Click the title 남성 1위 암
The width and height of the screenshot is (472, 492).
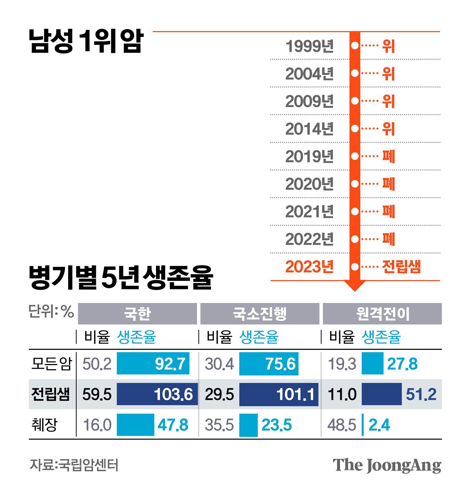point(86,41)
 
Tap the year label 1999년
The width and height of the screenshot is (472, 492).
point(309,46)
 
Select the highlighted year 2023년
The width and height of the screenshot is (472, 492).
point(309,266)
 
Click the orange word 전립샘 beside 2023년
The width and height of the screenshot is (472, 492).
point(401,266)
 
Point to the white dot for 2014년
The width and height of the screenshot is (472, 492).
point(355,129)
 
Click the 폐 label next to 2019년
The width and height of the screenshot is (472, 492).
point(388,156)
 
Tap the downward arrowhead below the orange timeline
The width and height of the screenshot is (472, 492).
point(355,286)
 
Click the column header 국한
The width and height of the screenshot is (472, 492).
point(137,314)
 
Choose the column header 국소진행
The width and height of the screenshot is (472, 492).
point(260,314)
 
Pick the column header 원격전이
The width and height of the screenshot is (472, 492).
point(382,314)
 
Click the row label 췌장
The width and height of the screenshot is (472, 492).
point(45,425)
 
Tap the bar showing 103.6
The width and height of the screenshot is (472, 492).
point(157,394)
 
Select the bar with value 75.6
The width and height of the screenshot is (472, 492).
point(269,364)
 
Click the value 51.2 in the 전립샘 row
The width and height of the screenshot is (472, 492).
point(421,394)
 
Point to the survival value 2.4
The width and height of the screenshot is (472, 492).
point(379,425)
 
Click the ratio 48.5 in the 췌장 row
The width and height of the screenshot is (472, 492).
point(341,425)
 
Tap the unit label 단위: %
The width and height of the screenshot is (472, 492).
point(51,312)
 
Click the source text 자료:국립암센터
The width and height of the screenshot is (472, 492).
point(74,465)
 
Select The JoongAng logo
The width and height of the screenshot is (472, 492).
point(387,465)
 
